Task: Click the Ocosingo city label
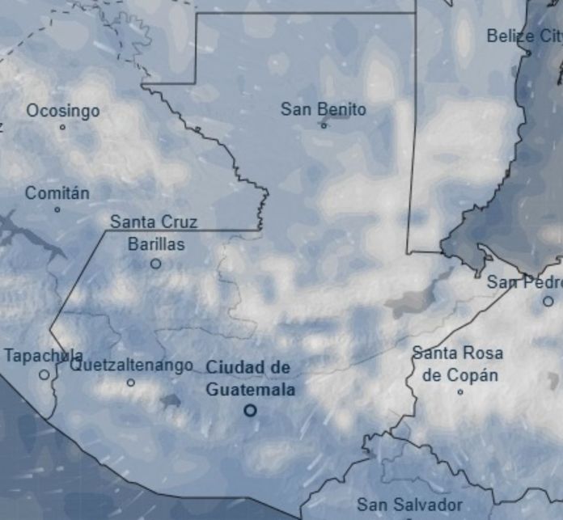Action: tap(63, 110)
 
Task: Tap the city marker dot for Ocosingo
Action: tap(62, 127)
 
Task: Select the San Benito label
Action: tap(324, 109)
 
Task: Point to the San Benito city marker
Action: tap(324, 125)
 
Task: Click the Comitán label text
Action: tap(57, 193)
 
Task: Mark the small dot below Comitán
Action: tap(57, 209)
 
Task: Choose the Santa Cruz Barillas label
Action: tap(155, 233)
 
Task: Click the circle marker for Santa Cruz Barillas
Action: tap(155, 264)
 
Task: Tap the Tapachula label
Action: tap(44, 356)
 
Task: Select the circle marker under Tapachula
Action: tap(44, 374)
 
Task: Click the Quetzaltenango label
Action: tap(131, 366)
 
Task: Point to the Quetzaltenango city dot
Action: tap(131, 383)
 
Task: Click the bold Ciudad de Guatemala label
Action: tap(249, 378)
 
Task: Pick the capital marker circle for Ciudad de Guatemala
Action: tap(250, 410)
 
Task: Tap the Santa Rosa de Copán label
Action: tap(459, 364)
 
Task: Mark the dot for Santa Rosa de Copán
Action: tap(460, 392)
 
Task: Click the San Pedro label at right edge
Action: tap(524, 282)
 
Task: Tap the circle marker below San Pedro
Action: tap(548, 301)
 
